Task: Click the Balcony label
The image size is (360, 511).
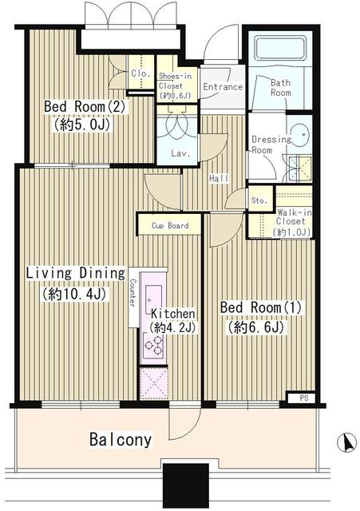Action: pos(120,440)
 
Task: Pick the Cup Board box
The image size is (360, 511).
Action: pos(170,225)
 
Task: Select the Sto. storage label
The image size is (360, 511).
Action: pos(259,200)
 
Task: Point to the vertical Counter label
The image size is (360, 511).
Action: pos(132,293)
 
